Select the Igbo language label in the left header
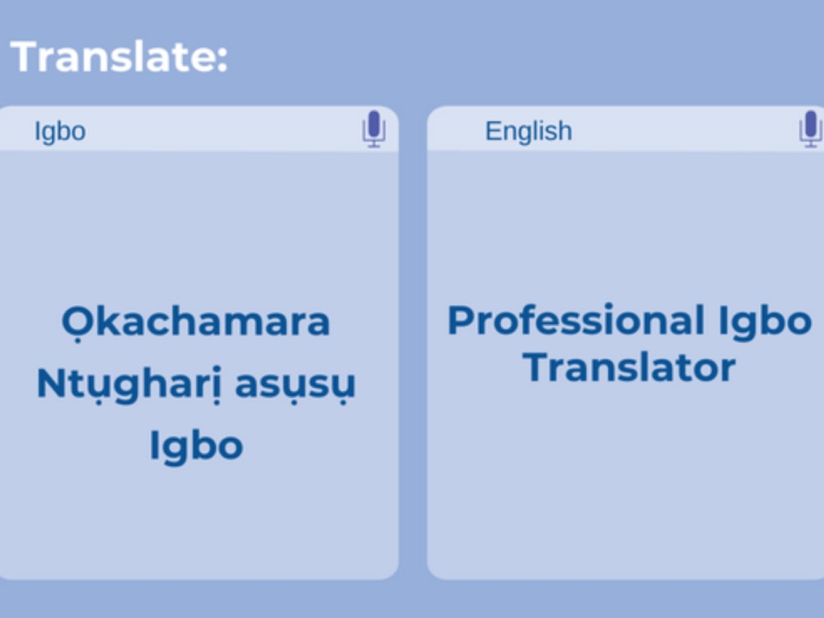[x=59, y=131]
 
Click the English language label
[x=528, y=131]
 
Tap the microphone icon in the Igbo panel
[x=374, y=129]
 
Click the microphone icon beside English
[x=810, y=129]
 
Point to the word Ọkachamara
[x=195, y=322]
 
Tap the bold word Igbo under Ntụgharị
[x=195, y=446]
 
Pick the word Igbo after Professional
[x=765, y=320]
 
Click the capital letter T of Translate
[x=25, y=57]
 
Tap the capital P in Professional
[x=458, y=320]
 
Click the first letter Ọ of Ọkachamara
[x=74, y=322]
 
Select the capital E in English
[x=493, y=131]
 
